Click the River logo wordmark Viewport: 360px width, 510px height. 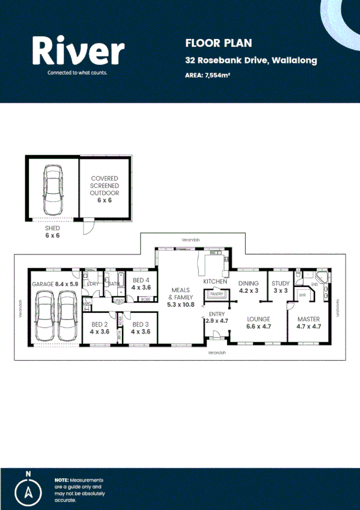[78, 51]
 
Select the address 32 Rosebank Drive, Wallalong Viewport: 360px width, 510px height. [251, 60]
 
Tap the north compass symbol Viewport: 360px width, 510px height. [28, 491]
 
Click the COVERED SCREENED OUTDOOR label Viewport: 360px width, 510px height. [105, 189]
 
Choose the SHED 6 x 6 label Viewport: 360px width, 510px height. [53, 232]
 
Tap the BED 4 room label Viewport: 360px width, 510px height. [141, 284]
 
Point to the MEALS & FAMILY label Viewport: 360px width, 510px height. [180, 296]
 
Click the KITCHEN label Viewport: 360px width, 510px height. [215, 281]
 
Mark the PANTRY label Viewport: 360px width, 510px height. [216, 294]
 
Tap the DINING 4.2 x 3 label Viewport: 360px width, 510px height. [248, 286]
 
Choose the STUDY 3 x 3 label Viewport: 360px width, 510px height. [280, 286]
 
